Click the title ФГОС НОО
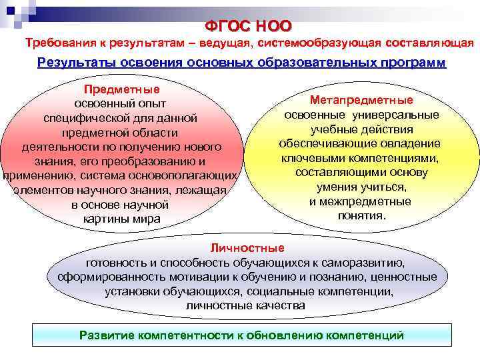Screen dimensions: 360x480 (248, 26)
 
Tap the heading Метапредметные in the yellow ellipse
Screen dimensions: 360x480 (361, 99)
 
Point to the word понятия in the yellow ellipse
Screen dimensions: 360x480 (361, 216)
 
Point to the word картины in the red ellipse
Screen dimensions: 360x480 (102, 219)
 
